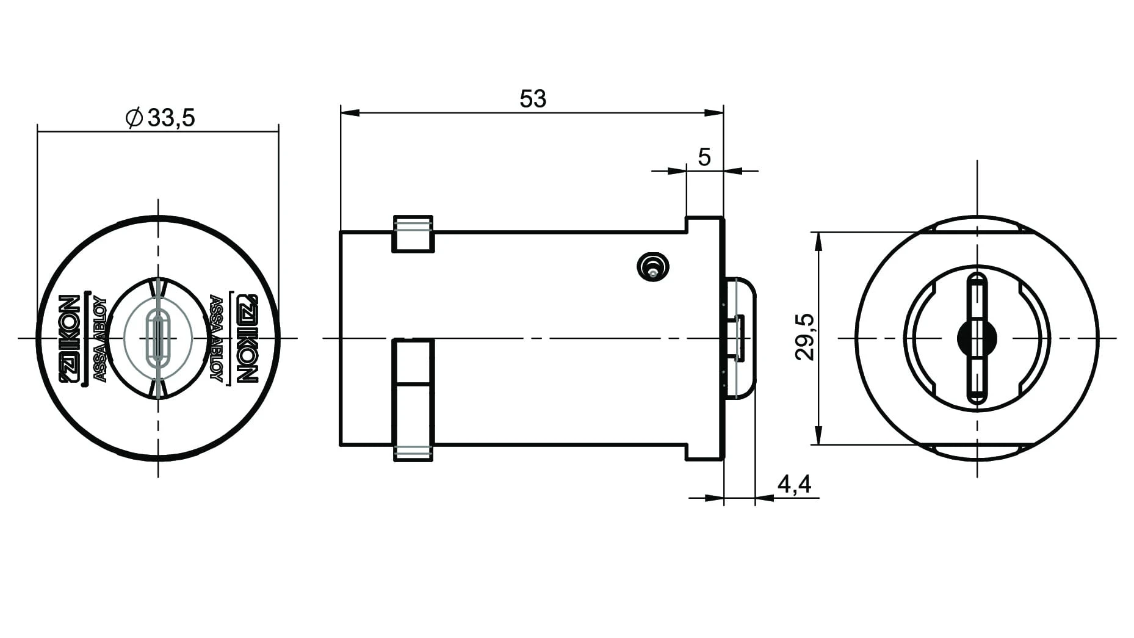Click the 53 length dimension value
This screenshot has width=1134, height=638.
click(533, 99)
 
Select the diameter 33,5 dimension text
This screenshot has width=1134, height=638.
click(160, 117)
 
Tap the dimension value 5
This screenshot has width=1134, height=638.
click(704, 158)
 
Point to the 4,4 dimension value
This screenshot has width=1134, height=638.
click(794, 484)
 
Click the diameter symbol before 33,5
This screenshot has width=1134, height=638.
click(134, 117)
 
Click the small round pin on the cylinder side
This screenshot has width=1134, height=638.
click(652, 267)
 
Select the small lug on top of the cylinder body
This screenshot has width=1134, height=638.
click(413, 234)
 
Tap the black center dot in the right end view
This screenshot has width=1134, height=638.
click(977, 338)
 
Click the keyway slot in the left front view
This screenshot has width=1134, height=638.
click(159, 338)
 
